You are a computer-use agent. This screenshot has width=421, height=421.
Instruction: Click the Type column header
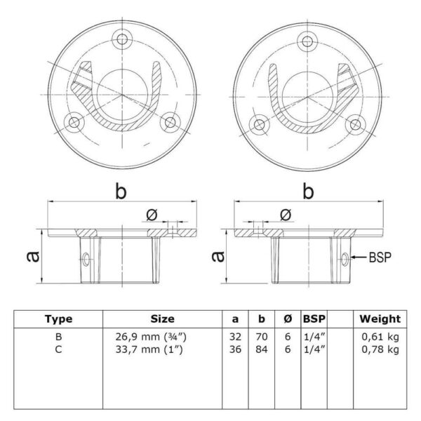(x=58, y=319)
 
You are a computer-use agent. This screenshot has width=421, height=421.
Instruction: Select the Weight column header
(x=380, y=319)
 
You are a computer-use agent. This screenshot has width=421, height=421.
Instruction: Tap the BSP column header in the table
(x=314, y=319)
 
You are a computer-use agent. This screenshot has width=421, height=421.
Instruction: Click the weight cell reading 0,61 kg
(x=380, y=337)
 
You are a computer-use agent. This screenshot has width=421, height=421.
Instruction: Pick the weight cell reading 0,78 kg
(x=380, y=349)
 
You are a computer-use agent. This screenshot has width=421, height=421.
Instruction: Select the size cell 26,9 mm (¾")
(x=151, y=337)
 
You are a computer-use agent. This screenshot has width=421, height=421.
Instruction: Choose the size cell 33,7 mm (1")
(x=149, y=349)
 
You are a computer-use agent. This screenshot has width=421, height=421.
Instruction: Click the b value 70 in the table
(x=262, y=337)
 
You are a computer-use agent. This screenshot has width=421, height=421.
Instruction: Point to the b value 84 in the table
(x=262, y=349)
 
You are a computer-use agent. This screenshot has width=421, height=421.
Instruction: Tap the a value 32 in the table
(x=235, y=337)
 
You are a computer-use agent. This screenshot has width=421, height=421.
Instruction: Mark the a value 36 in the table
(x=235, y=349)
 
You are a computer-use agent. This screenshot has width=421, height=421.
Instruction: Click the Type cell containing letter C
(x=58, y=349)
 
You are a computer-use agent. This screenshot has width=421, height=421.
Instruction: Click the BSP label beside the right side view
(x=380, y=258)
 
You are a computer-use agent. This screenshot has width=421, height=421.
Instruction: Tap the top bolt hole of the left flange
(x=122, y=39)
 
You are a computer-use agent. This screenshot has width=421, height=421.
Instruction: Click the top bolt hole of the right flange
(x=307, y=41)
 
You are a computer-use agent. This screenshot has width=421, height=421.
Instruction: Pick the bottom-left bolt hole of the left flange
(x=74, y=123)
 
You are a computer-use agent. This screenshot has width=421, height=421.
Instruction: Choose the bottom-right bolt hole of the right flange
(x=355, y=125)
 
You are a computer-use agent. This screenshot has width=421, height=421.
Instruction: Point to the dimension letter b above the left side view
(x=121, y=191)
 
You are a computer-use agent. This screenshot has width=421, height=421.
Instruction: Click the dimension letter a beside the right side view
(x=218, y=256)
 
